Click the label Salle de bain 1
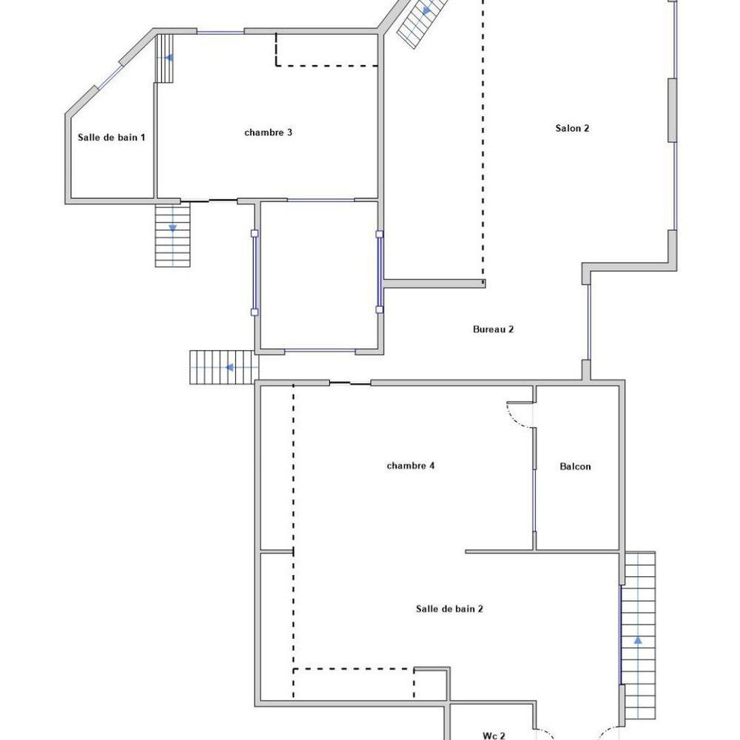coord(112,138)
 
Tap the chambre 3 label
coord(268,132)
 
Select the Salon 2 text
coord(572,128)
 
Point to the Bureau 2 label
coord(493,329)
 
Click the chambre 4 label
coord(411,465)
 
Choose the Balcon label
coord(575,466)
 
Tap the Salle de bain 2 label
coord(449,608)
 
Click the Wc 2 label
coord(494,735)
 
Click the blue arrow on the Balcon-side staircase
coord(638,640)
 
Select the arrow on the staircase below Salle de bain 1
coord(172,228)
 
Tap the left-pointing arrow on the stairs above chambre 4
coord(230,367)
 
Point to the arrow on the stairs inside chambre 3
coord(169,58)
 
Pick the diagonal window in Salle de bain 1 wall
coord(109,75)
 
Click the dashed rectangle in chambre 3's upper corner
coord(326,50)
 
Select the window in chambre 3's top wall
coord(221,32)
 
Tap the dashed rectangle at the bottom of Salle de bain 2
coord(354,683)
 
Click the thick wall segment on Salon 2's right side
coord(673,110)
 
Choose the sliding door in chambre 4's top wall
coord(350,383)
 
